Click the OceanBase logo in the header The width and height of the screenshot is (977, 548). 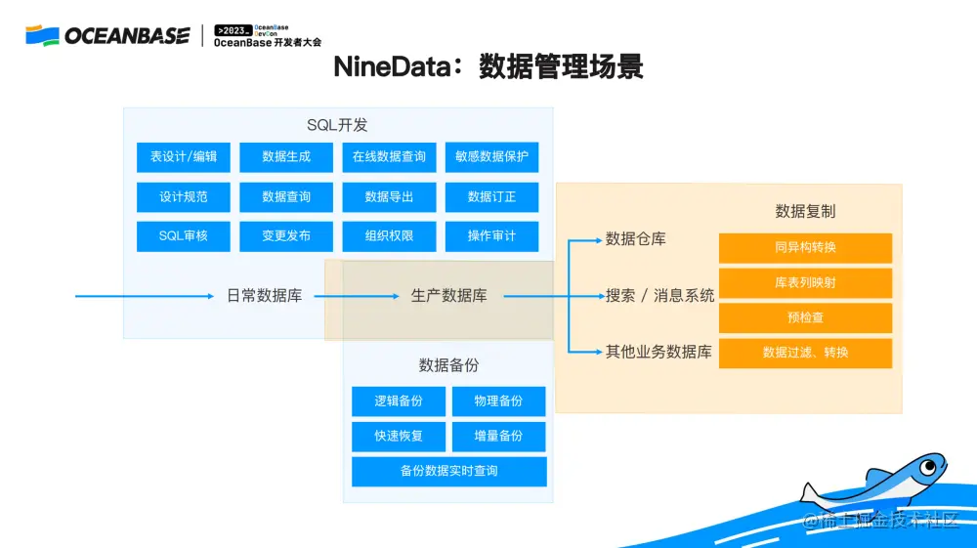pos(107,36)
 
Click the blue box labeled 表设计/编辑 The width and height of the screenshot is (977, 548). pos(184,156)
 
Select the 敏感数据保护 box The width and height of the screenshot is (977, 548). pos(491,156)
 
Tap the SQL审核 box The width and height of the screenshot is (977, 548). pos(184,235)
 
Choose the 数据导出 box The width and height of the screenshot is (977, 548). pos(389,196)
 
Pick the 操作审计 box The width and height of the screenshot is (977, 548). pos(491,235)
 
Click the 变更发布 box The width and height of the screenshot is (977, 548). pos(286,235)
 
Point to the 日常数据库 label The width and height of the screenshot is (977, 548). pos(264,296)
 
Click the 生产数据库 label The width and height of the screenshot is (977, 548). pos(448,296)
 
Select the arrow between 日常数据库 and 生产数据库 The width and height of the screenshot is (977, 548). pos(358,296)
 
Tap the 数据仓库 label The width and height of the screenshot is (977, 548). pos(635,239)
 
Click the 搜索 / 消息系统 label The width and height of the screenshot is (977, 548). pos(659,295)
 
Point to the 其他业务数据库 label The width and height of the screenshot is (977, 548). pos(658,352)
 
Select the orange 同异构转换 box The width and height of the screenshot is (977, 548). pos(805,248)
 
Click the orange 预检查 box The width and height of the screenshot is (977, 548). pos(805,317)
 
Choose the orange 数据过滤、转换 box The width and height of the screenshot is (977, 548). pos(805,353)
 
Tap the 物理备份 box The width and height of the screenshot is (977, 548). pos(498,401)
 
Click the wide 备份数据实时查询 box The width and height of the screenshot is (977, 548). pos(448,471)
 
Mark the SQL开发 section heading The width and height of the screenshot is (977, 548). pos(337,125)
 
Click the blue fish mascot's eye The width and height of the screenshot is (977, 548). pos(929,464)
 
